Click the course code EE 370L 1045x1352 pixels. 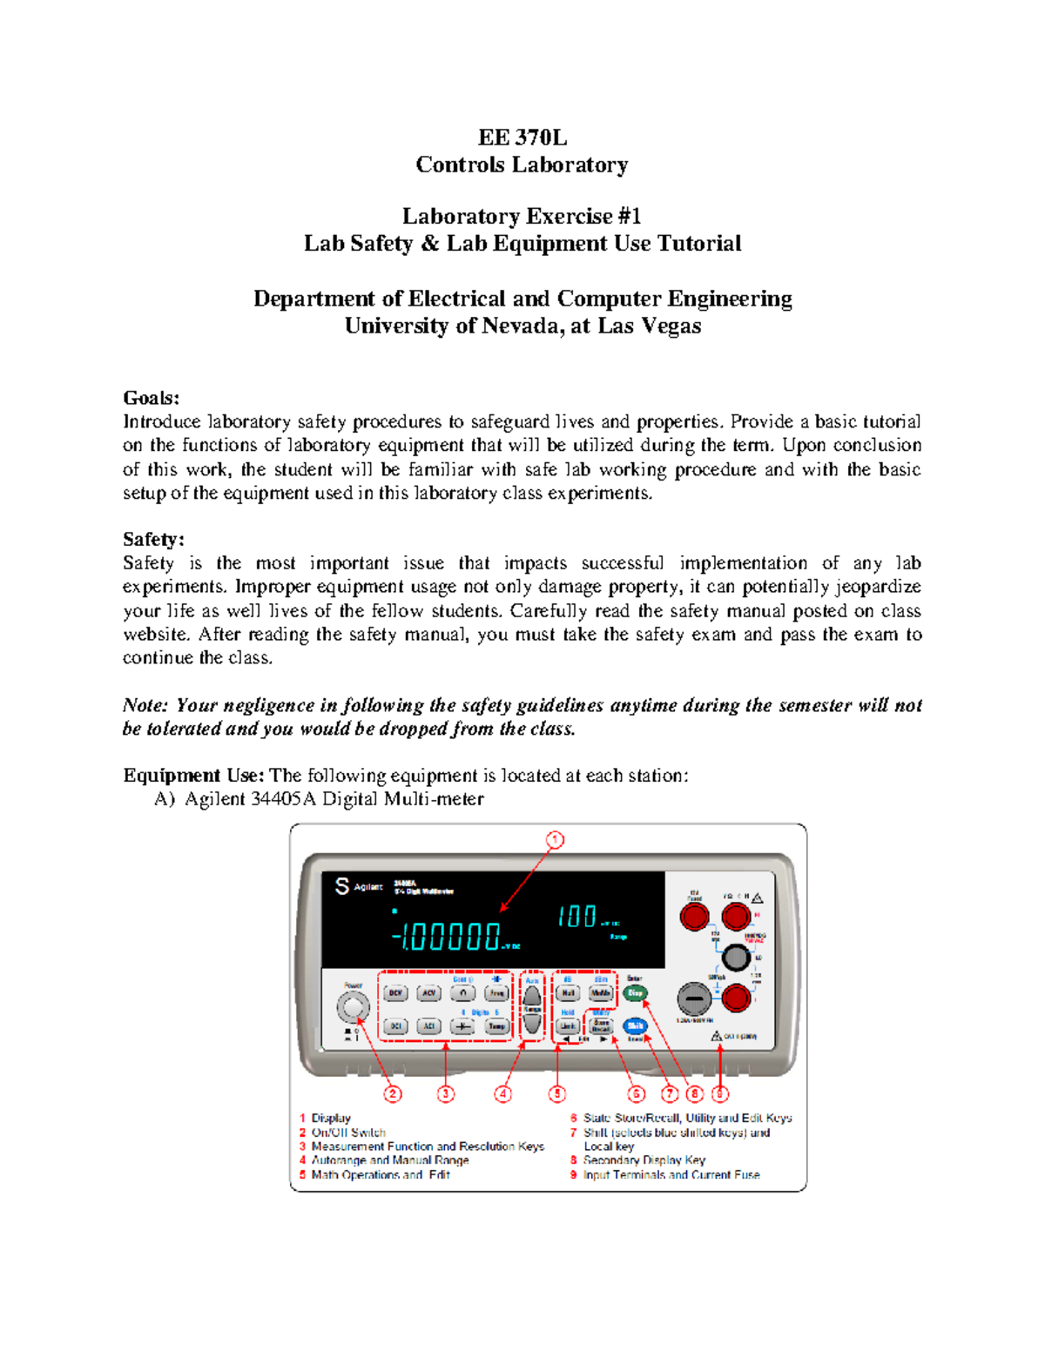pos(522,138)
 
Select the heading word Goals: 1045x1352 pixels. pos(151,398)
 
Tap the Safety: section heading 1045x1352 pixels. pos(153,540)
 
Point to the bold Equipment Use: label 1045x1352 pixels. pos(193,776)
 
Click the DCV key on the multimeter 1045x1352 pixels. pos(396,993)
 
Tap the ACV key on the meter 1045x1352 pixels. pos(428,993)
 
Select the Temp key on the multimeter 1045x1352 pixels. pos(496,1026)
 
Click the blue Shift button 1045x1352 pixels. pos(635,1026)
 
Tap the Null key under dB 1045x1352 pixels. pos(568,993)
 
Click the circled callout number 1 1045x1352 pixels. pos(555,840)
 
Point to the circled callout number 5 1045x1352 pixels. pos(557,1093)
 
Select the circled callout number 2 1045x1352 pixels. pos(394,1093)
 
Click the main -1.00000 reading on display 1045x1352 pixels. pos(446,937)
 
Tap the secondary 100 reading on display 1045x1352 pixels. pos(576,917)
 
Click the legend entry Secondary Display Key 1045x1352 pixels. pos(644,1160)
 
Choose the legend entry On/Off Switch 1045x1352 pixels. pos(348,1133)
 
